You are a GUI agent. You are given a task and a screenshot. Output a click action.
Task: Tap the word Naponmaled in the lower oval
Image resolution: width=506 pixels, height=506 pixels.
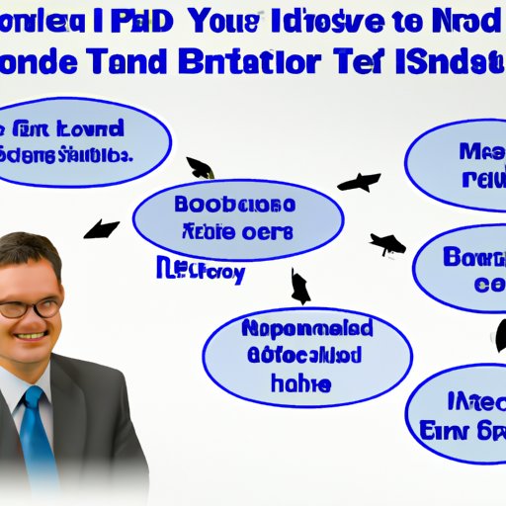coord(307,329)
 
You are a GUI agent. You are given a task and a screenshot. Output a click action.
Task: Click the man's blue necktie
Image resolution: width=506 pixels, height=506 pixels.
coord(37,435)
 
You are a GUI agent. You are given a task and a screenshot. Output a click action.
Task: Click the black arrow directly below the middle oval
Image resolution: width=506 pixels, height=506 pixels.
coord(299,288)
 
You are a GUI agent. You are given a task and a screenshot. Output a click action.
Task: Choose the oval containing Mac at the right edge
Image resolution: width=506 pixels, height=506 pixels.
coord(460,165)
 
